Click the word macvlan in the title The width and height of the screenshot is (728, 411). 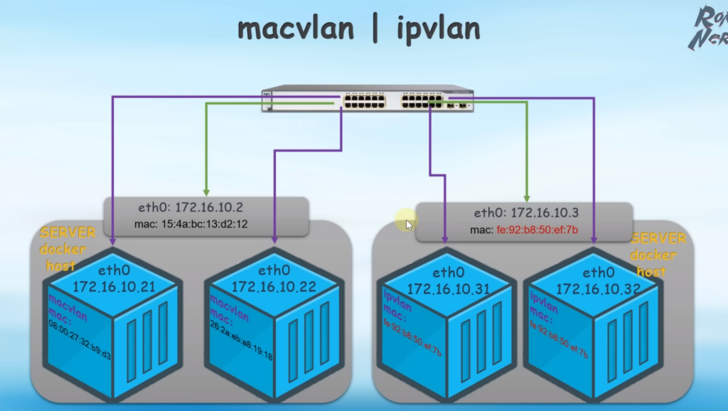[x=296, y=29]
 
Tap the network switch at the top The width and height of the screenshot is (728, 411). [x=367, y=100]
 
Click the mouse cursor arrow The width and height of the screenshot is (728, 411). [x=408, y=224]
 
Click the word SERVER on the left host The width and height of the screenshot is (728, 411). [x=65, y=233]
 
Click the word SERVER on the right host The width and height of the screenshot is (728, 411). [x=658, y=239]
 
